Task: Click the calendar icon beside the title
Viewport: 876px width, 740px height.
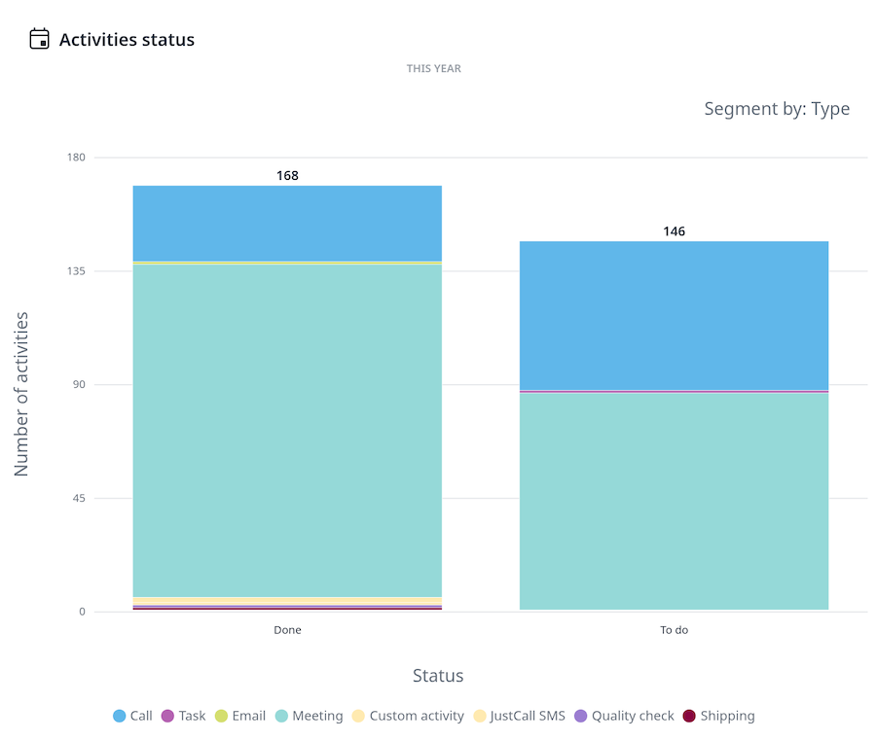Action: click(x=39, y=39)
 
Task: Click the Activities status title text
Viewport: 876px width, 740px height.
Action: click(x=127, y=40)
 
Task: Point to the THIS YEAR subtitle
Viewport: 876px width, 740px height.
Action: click(x=434, y=69)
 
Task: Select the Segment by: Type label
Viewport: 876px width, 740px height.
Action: click(x=777, y=109)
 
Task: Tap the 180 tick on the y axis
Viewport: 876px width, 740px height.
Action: click(x=76, y=158)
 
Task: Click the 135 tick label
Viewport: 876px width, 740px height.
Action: click(x=76, y=271)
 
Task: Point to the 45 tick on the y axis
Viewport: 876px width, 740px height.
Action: click(x=78, y=499)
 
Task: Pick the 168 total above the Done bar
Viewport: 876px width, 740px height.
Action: click(x=287, y=176)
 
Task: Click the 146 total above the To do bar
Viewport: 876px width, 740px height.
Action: click(x=674, y=231)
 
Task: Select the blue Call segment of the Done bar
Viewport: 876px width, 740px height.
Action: click(x=287, y=223)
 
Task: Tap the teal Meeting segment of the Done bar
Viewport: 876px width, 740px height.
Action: click(x=287, y=428)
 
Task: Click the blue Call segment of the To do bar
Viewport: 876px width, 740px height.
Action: click(x=674, y=314)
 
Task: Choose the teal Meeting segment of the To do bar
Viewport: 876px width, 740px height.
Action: click(x=674, y=501)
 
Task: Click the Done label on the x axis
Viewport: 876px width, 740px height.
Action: click(x=287, y=630)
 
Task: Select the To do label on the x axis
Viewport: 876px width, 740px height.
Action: click(x=674, y=630)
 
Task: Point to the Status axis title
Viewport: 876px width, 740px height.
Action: click(x=438, y=676)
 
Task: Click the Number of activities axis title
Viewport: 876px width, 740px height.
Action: click(x=21, y=394)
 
